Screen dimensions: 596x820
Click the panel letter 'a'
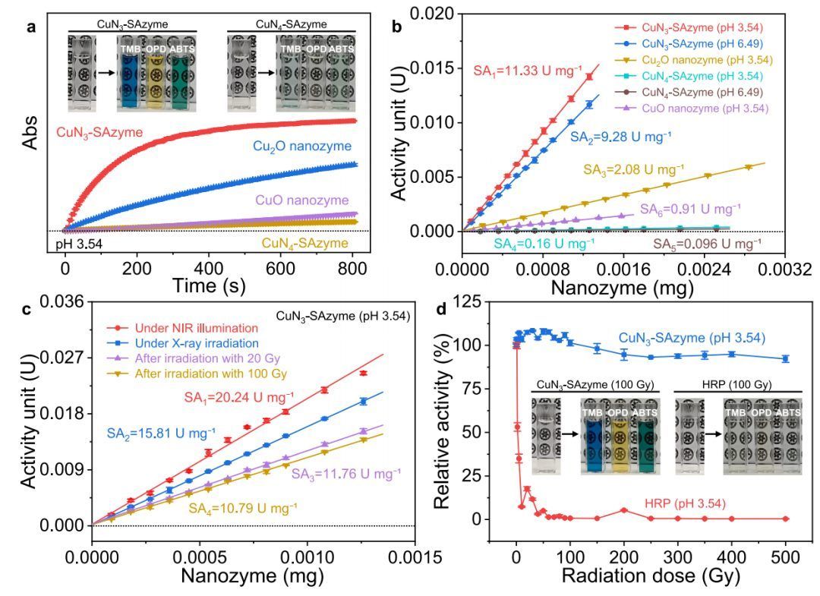(x=30, y=28)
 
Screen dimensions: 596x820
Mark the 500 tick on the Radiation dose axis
(x=786, y=552)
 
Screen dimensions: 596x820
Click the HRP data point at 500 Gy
(x=786, y=519)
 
